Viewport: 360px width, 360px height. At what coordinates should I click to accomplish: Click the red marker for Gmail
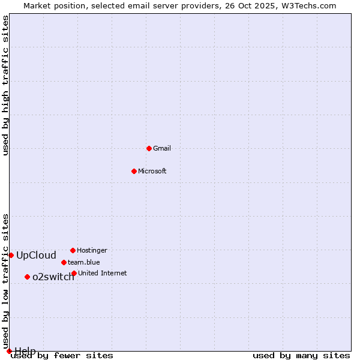click(149, 148)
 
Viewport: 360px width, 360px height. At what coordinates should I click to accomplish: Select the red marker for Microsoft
click(134, 171)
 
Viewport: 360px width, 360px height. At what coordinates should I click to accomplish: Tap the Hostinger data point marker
click(73, 250)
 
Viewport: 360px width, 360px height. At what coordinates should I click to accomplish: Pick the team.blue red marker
click(64, 262)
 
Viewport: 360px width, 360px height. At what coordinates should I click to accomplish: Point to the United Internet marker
click(74, 273)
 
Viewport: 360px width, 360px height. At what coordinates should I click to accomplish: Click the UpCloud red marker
click(11, 255)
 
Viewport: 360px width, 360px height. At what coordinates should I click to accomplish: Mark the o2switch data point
click(27, 277)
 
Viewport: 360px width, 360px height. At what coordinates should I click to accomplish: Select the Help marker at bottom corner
click(9, 351)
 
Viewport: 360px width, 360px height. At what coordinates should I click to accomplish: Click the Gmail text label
click(162, 148)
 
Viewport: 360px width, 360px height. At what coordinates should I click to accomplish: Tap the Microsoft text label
click(152, 171)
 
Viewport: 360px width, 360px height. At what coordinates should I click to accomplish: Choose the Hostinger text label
click(92, 250)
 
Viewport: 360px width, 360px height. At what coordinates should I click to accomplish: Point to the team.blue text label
click(84, 262)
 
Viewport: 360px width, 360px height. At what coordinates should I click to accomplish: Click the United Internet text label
click(103, 273)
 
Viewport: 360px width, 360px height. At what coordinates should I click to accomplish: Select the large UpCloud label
click(36, 255)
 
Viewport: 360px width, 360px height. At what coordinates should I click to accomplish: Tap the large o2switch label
click(53, 277)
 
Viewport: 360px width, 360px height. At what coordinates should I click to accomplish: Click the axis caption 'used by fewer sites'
click(62, 356)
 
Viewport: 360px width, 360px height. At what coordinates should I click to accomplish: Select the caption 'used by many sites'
click(301, 356)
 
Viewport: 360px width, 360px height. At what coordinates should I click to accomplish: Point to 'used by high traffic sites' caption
click(6, 86)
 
